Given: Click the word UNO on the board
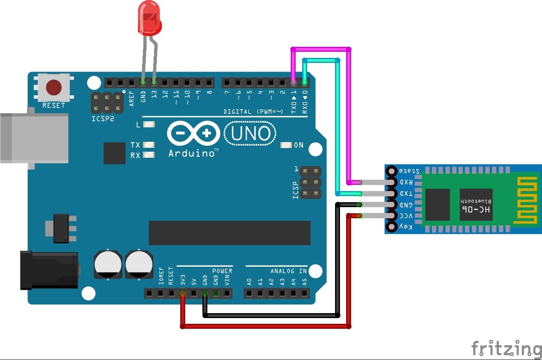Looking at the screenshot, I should point(250,134).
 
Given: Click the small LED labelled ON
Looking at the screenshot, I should point(286,145).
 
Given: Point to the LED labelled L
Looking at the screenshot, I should point(149,124).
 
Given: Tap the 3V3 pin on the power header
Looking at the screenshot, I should point(183,293).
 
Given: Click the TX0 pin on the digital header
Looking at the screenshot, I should point(293,83).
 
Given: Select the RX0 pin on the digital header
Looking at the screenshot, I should point(304,83).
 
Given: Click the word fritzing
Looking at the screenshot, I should point(506,349).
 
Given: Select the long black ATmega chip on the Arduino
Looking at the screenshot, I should point(230,233).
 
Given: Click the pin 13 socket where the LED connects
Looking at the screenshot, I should point(154,83).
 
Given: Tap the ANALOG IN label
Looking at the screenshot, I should point(288,271).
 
